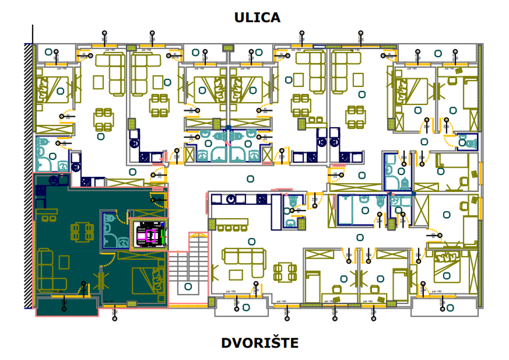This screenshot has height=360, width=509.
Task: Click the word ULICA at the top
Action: point(257,18)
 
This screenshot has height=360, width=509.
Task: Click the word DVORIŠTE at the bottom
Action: point(259,342)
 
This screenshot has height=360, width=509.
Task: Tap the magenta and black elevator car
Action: point(148,234)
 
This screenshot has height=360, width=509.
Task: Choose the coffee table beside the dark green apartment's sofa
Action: point(72,274)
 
